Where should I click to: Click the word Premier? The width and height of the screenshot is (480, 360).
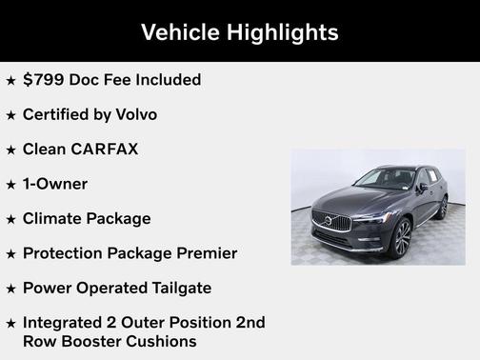(x=204, y=253)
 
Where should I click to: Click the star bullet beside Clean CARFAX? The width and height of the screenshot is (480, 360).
(x=11, y=150)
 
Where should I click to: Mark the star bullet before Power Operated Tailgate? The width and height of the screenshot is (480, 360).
(x=11, y=289)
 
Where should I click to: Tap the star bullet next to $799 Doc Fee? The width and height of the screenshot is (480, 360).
(x=11, y=80)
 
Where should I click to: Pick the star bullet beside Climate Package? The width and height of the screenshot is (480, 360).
(x=11, y=219)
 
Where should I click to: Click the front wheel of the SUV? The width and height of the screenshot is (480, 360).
(x=401, y=236)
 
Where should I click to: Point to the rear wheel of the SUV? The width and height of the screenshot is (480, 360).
(x=443, y=207)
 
